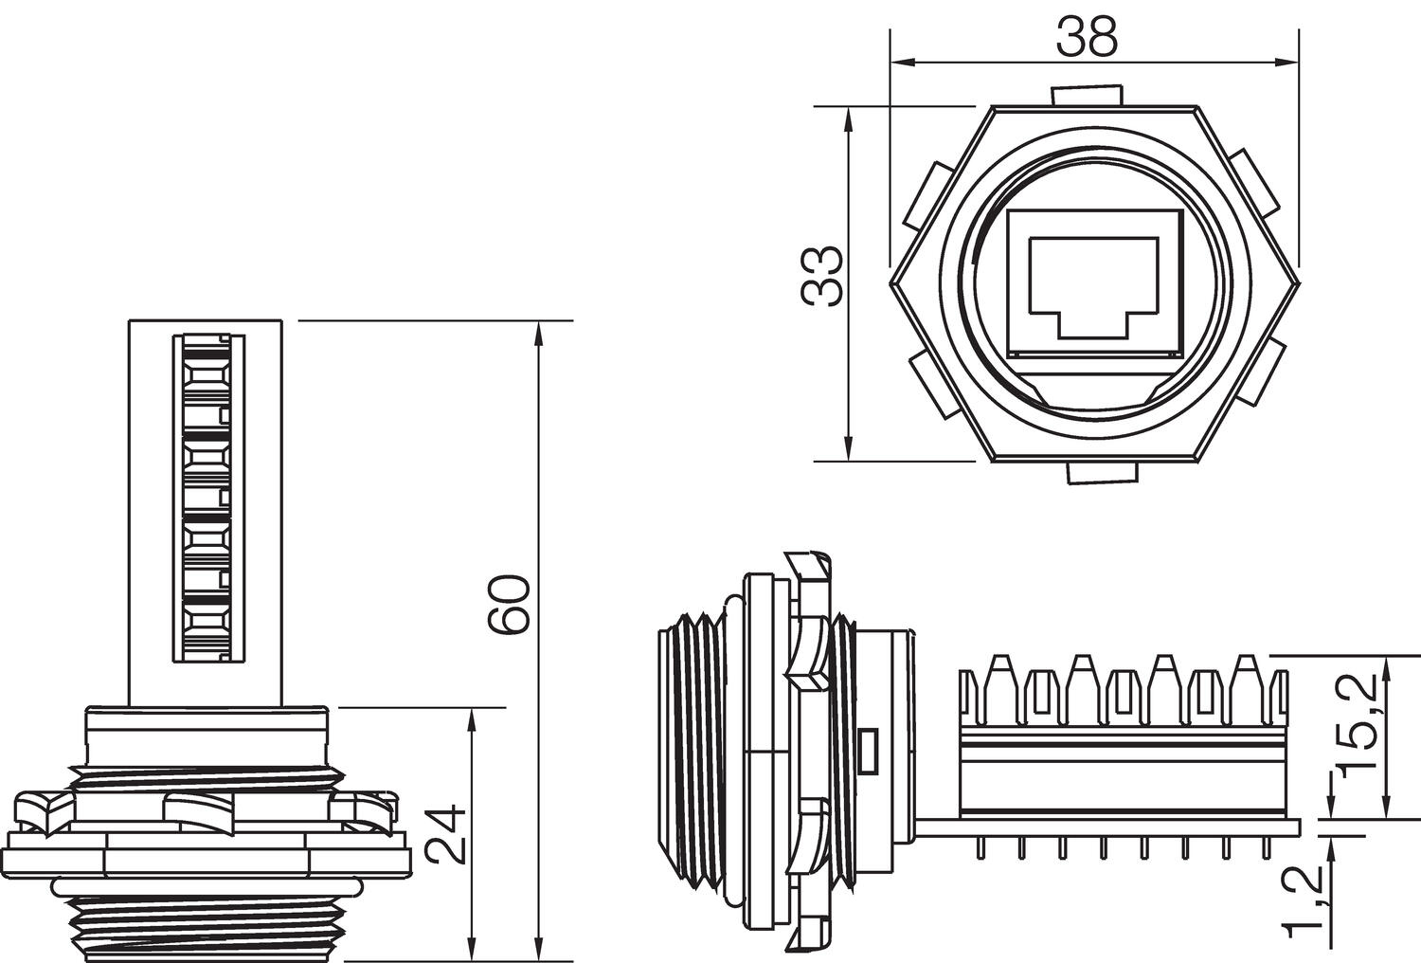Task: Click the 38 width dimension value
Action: click(x=1087, y=37)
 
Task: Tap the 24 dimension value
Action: click(x=445, y=834)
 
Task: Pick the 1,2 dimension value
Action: click(x=1305, y=898)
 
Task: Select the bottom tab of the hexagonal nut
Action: click(x=1102, y=473)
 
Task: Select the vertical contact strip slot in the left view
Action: click(x=207, y=498)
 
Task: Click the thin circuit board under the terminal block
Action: click(x=1108, y=827)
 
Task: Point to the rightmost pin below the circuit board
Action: click(x=1267, y=848)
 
